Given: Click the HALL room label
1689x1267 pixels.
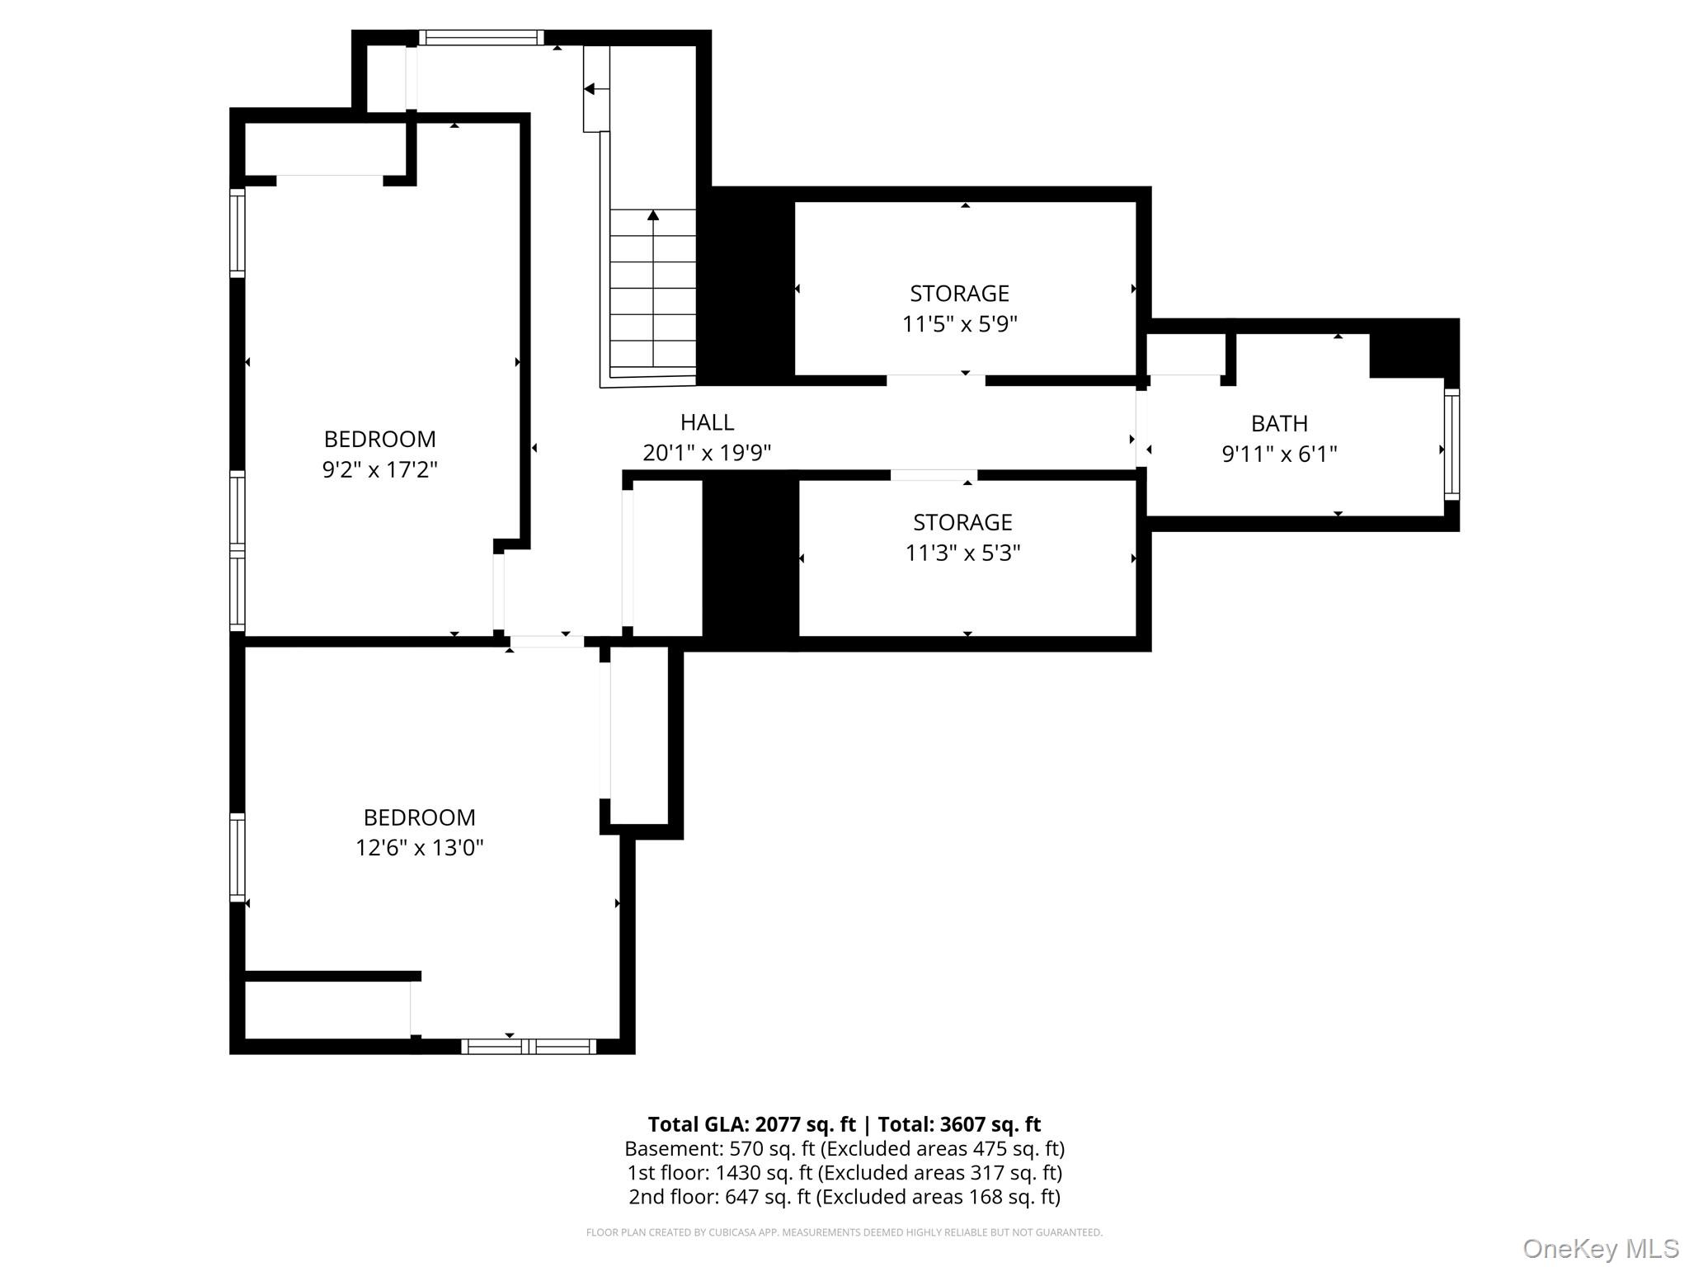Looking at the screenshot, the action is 707,422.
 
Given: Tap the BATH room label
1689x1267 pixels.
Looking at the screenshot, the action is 1279,424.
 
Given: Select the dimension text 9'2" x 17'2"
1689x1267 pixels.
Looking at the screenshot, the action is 379,469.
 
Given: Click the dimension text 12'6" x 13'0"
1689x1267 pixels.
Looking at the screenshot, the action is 419,847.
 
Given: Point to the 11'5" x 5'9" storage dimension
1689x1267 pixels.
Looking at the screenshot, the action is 960,323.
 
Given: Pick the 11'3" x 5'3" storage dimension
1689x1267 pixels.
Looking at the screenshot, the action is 962,552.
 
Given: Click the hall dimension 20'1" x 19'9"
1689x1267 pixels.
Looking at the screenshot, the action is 707,453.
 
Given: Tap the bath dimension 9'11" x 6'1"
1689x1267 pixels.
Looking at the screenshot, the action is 1279,454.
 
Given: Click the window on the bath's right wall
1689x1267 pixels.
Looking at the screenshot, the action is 1451,444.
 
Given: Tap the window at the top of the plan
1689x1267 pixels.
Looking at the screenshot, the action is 482,37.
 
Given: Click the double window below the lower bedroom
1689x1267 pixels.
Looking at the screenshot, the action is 529,1046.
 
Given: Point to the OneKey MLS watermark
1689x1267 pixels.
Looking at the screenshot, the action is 1601,1249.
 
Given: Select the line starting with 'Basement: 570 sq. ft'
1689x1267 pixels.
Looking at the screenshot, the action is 844,1148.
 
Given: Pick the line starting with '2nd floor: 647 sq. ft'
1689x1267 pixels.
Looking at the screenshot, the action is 844,1196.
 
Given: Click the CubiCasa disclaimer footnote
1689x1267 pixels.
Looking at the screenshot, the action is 844,1232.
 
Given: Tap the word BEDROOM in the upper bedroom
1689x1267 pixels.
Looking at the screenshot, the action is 379,439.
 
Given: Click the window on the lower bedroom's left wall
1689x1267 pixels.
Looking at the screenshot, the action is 238,857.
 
